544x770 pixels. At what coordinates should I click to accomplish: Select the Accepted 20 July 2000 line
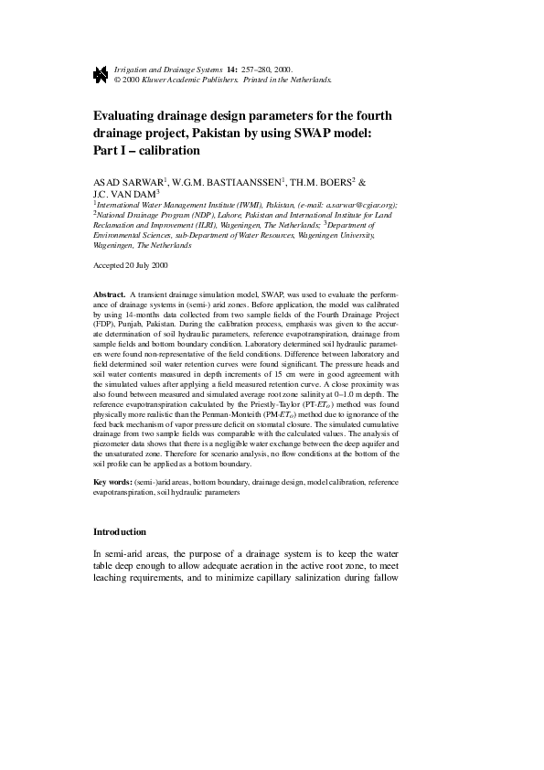(x=131, y=265)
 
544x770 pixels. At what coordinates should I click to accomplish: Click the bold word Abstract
(x=110, y=294)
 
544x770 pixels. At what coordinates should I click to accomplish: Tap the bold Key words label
(x=113, y=482)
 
